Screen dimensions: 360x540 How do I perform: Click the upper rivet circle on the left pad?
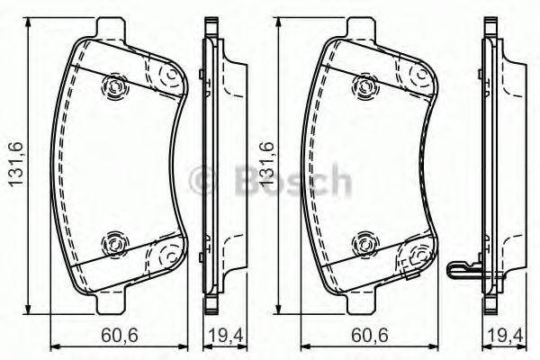click(x=113, y=86)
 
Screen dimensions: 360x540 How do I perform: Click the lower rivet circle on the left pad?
click(x=113, y=242)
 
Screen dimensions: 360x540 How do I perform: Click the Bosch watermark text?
click(x=270, y=180)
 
